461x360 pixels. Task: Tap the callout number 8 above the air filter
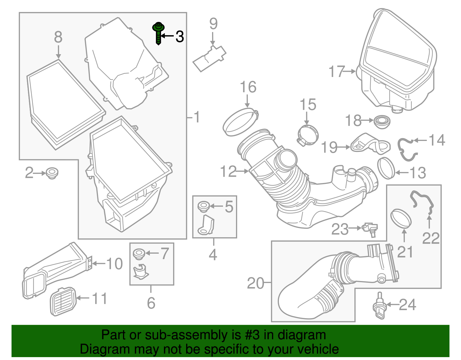pyautogui.click(x=58, y=37)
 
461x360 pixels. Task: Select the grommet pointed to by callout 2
pyautogui.click(x=52, y=173)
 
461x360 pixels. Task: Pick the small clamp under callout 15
pyautogui.click(x=308, y=135)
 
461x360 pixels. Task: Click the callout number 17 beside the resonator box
pyautogui.click(x=337, y=71)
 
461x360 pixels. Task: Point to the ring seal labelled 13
pyautogui.click(x=386, y=168)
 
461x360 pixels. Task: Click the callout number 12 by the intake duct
pyautogui.click(x=228, y=172)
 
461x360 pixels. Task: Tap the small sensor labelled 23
pyautogui.click(x=370, y=229)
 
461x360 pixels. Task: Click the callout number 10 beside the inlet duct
pyautogui.click(x=114, y=263)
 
